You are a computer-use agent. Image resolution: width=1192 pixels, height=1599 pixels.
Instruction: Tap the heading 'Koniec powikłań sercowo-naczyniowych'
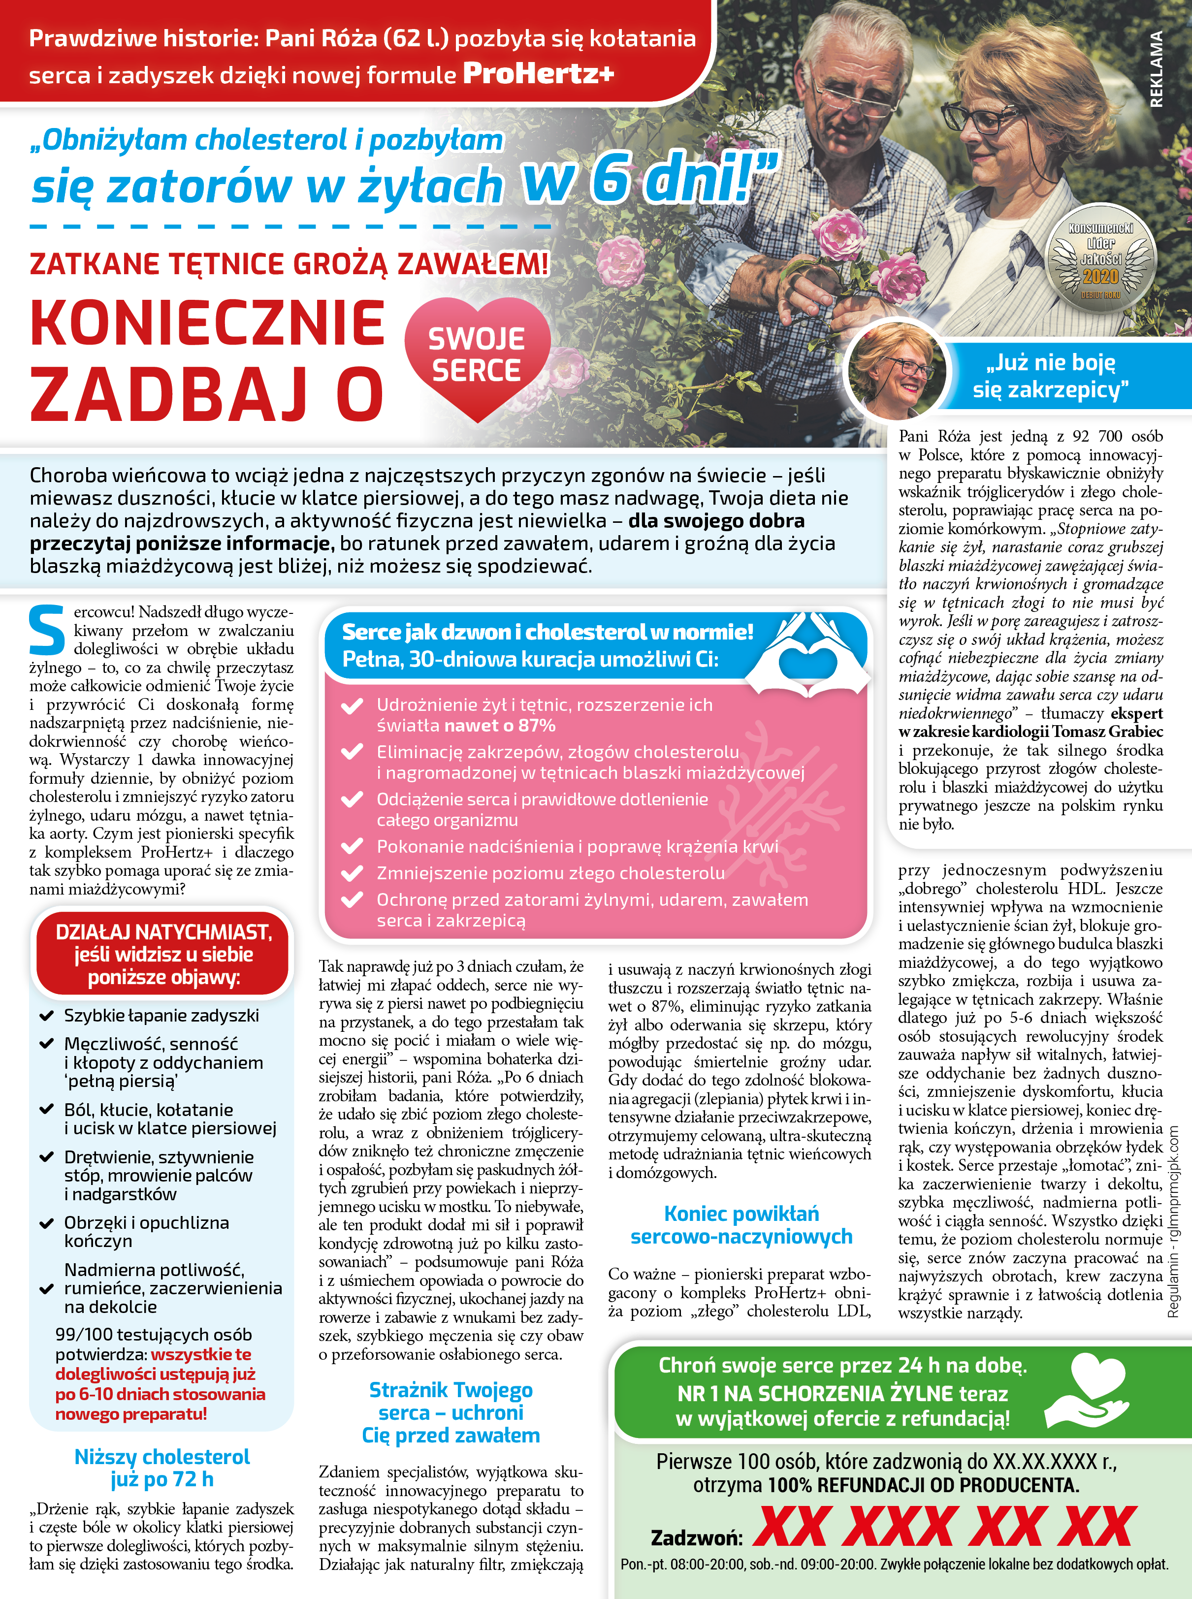click(x=741, y=1224)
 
